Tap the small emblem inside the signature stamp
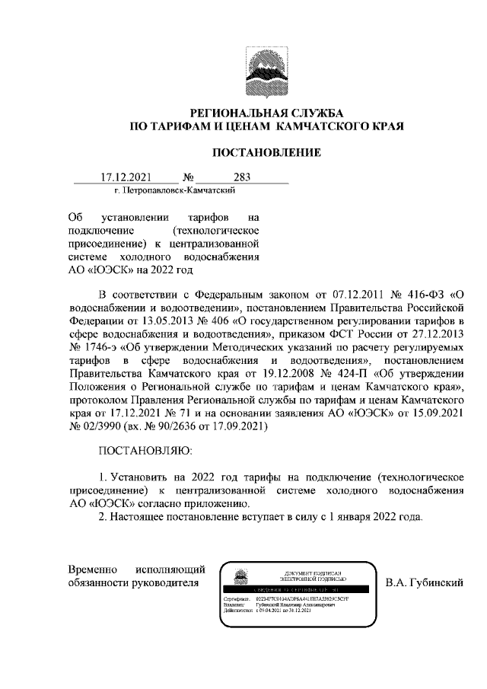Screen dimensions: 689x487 click(x=241, y=578)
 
